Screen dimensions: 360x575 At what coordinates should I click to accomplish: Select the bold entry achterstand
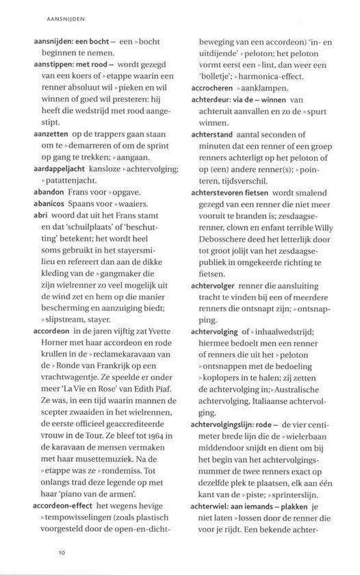point(214,134)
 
